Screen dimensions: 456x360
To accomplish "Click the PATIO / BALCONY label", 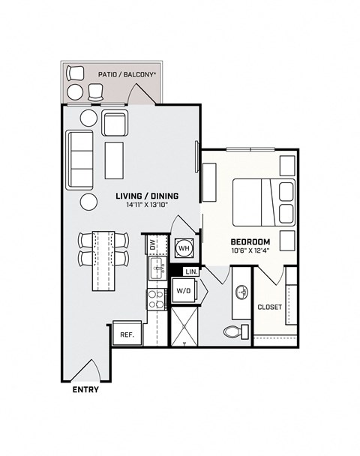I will coord(127,75).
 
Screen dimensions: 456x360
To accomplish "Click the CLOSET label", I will coord(269,307).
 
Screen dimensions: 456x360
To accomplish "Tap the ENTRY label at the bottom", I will coord(85,390).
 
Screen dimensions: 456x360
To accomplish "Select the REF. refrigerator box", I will coord(126,334).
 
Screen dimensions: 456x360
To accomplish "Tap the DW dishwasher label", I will coord(152,244).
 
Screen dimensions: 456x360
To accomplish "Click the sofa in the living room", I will coord(80,159).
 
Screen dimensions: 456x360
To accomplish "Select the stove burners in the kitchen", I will coord(157,299).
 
